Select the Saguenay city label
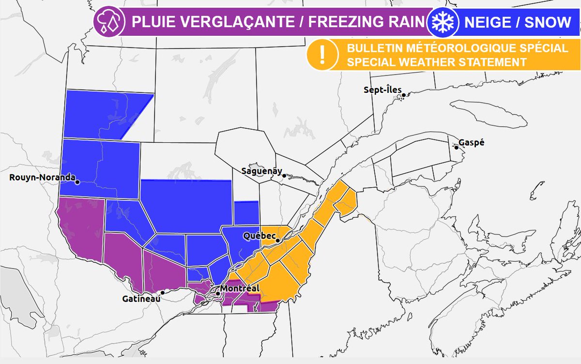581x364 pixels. point(261,170)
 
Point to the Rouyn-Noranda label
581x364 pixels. point(42,178)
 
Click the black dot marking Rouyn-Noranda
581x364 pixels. point(77,182)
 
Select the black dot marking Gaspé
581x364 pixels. point(456,146)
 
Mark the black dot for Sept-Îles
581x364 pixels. point(402,95)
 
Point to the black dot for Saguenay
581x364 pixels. point(286,176)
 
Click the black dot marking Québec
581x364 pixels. point(278,240)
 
